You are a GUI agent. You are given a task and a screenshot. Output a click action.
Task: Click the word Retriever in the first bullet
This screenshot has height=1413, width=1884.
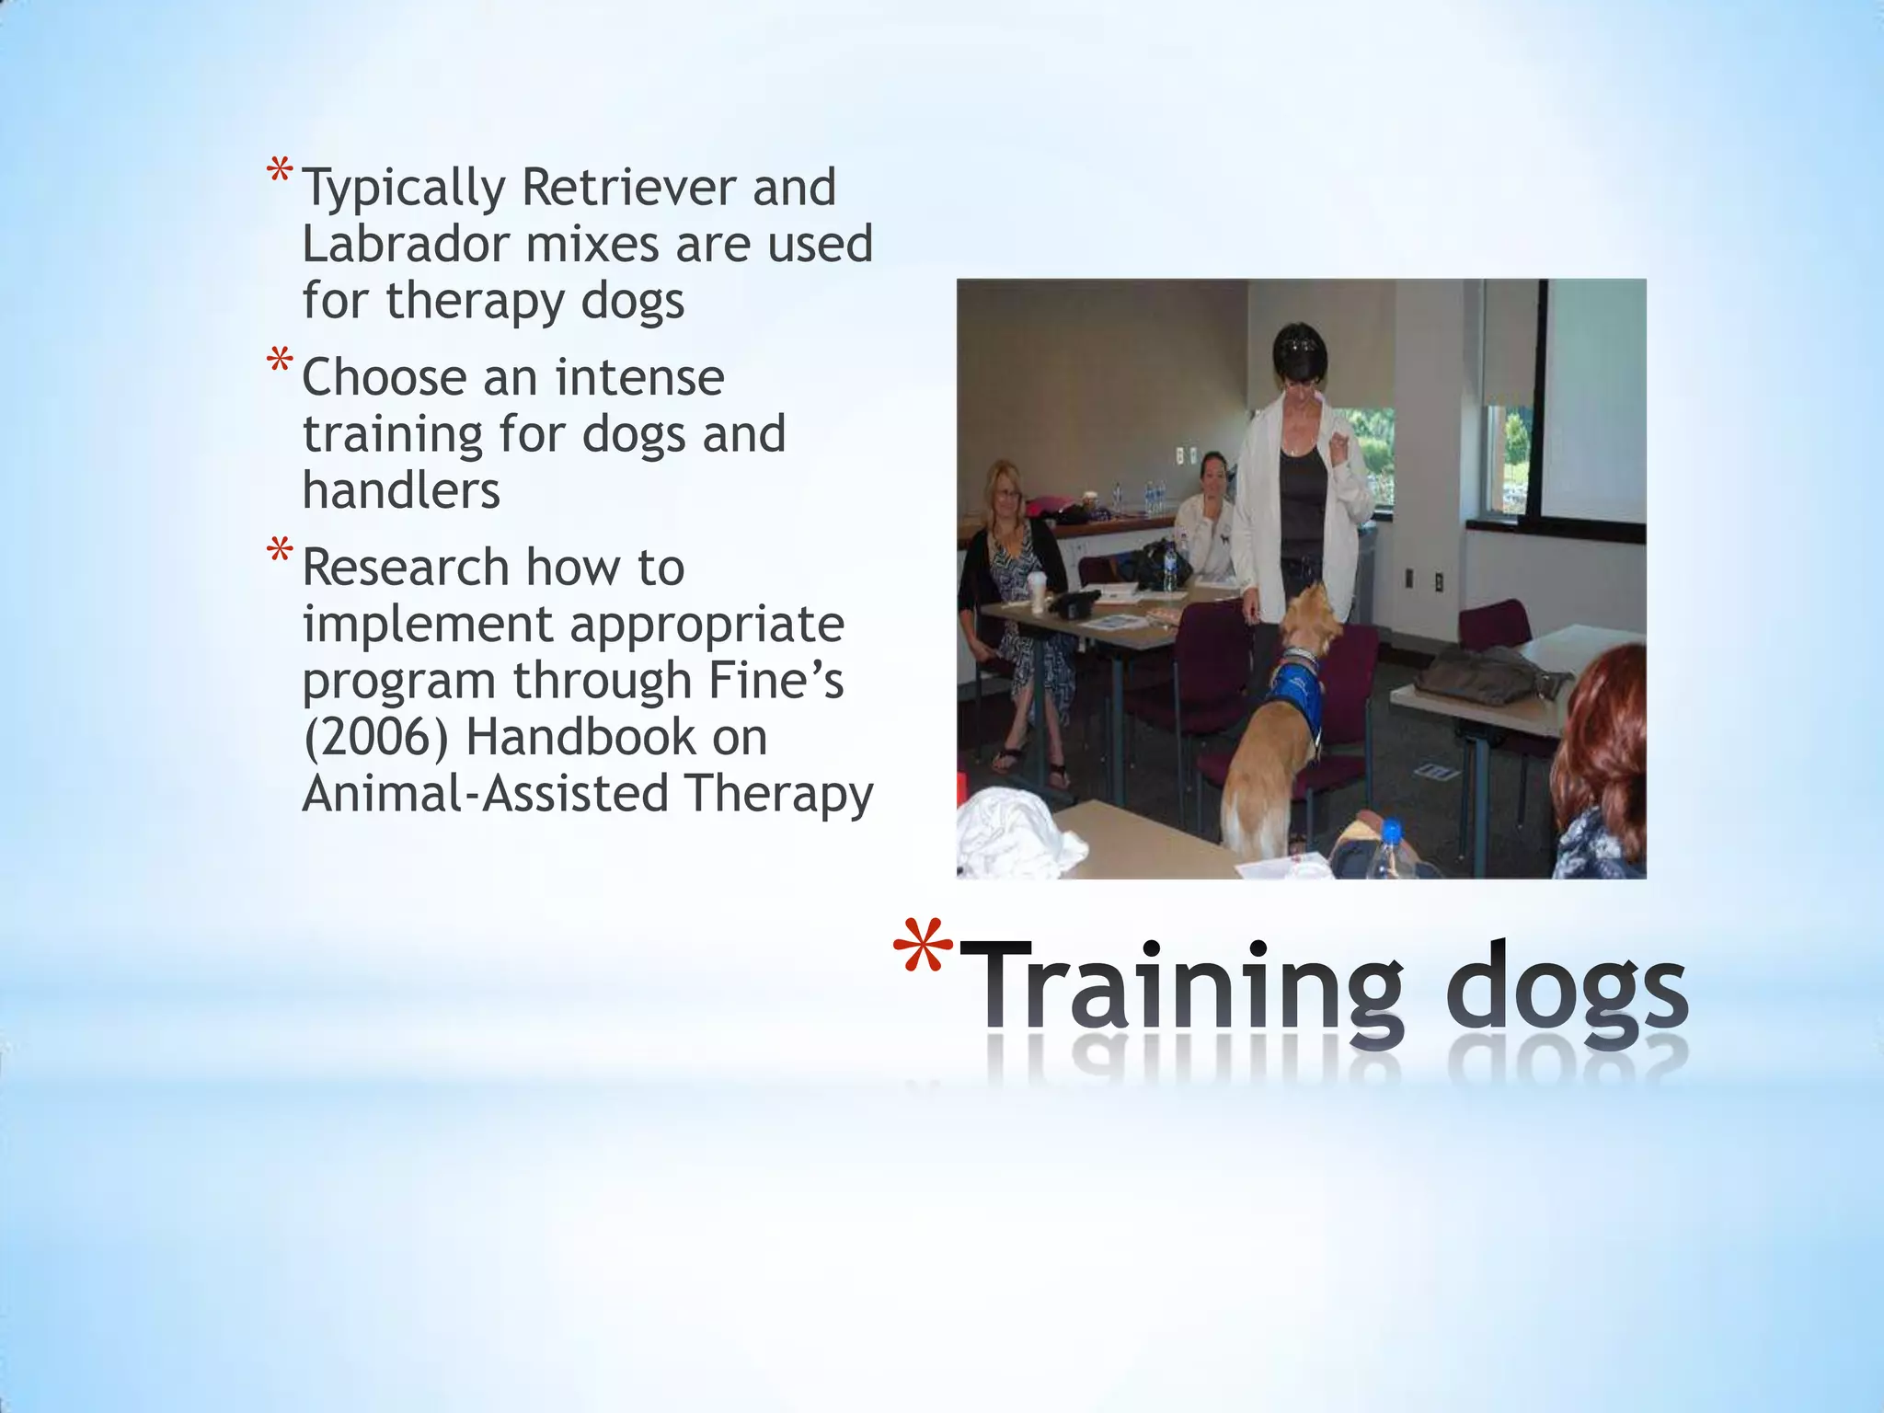[x=628, y=188]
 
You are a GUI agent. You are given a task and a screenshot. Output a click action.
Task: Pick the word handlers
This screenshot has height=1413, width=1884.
[x=401, y=491]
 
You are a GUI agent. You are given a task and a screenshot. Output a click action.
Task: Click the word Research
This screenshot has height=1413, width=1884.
[x=405, y=568]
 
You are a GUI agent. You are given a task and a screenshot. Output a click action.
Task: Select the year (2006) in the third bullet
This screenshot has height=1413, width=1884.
[x=376, y=738]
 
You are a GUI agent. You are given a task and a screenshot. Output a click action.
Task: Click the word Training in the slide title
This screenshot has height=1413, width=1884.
[x=1186, y=989]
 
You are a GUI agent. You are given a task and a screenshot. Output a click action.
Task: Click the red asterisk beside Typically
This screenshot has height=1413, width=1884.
[x=280, y=172]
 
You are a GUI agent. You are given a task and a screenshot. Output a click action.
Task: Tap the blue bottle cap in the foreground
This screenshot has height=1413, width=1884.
[x=1391, y=831]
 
